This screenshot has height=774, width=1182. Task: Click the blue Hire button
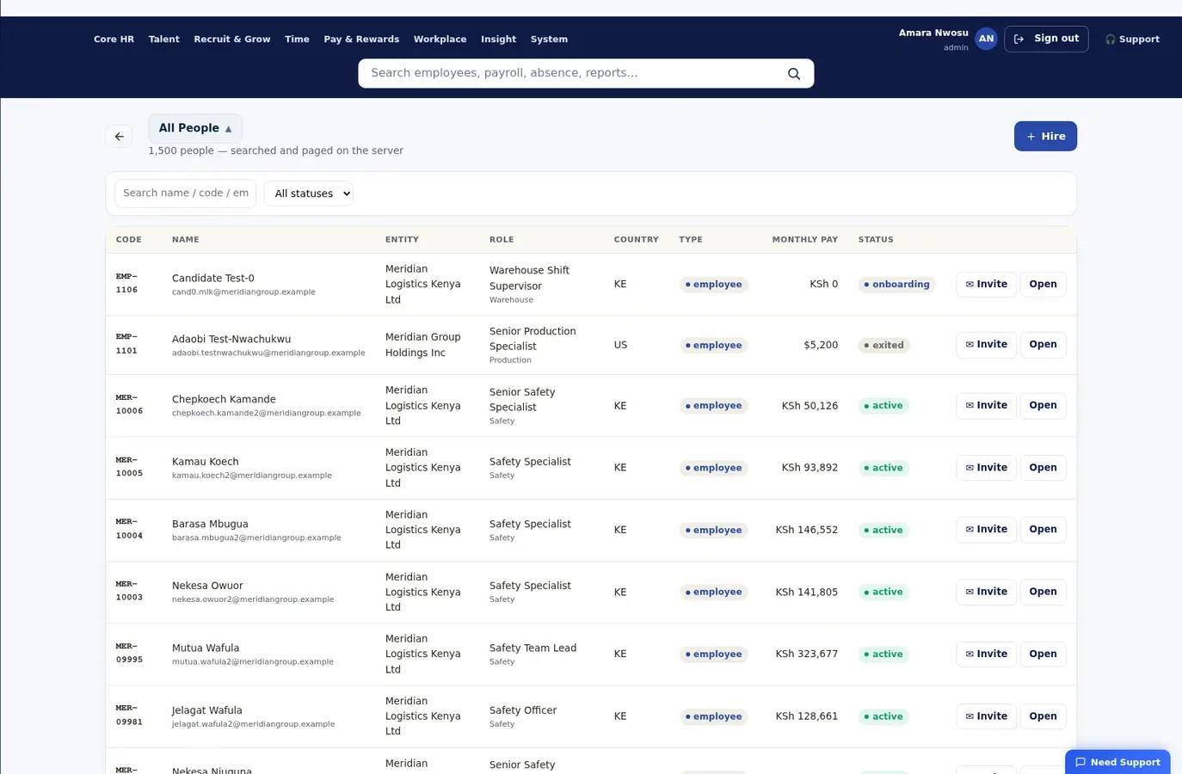[1045, 136]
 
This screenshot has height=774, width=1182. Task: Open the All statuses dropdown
[309, 193]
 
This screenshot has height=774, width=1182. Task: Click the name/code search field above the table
[185, 193]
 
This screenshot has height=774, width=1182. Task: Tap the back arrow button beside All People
[120, 137]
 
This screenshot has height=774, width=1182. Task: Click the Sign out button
[1046, 39]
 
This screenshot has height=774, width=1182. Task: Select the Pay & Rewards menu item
[361, 39]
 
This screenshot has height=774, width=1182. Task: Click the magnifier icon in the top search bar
[794, 74]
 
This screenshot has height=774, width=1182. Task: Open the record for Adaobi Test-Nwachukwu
[1043, 345]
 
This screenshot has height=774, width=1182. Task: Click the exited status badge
[883, 345]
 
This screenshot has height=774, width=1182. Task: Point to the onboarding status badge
[896, 285]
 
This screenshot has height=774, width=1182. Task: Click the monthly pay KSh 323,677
[806, 654]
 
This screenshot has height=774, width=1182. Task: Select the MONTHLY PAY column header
[804, 240]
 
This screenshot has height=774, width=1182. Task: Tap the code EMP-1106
[126, 283]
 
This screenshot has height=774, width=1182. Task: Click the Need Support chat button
[1117, 762]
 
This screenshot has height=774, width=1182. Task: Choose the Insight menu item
[498, 39]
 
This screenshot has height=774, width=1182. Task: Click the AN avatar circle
[986, 39]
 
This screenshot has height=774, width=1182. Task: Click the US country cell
[620, 345]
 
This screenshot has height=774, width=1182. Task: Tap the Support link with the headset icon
[1132, 39]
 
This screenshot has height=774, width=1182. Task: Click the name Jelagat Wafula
[206, 710]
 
